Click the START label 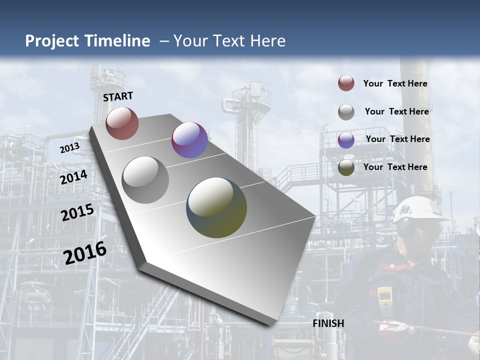[x=118, y=96]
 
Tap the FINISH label [x=328, y=323]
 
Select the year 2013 [x=69, y=148]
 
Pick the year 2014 [x=73, y=177]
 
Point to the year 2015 [x=77, y=212]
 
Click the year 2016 [x=85, y=252]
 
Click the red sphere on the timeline [x=122, y=123]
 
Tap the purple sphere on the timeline [x=189, y=140]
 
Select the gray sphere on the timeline [x=145, y=180]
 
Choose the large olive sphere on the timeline [x=216, y=207]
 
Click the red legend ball [x=346, y=83]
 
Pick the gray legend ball [x=346, y=111]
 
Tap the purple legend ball [x=346, y=139]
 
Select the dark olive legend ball [x=346, y=167]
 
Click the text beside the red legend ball [x=395, y=83]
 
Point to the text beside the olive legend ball [x=395, y=167]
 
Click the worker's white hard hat [x=419, y=208]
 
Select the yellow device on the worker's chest [x=384, y=297]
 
